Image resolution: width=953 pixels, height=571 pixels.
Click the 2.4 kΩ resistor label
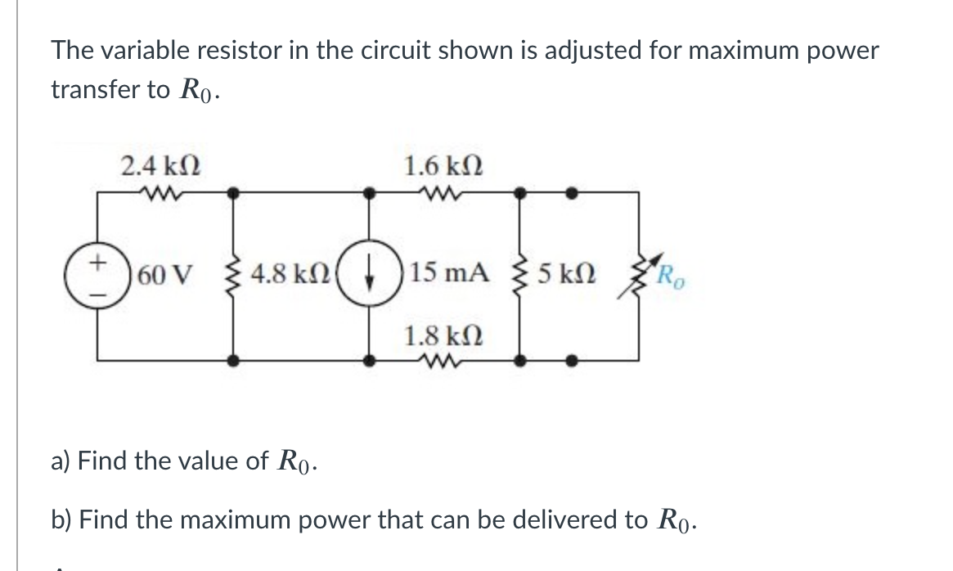[161, 167]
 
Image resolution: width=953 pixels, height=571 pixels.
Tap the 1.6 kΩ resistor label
[443, 167]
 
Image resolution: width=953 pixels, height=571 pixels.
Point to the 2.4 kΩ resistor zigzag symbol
[160, 194]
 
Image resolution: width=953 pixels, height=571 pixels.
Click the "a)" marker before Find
[61, 461]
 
